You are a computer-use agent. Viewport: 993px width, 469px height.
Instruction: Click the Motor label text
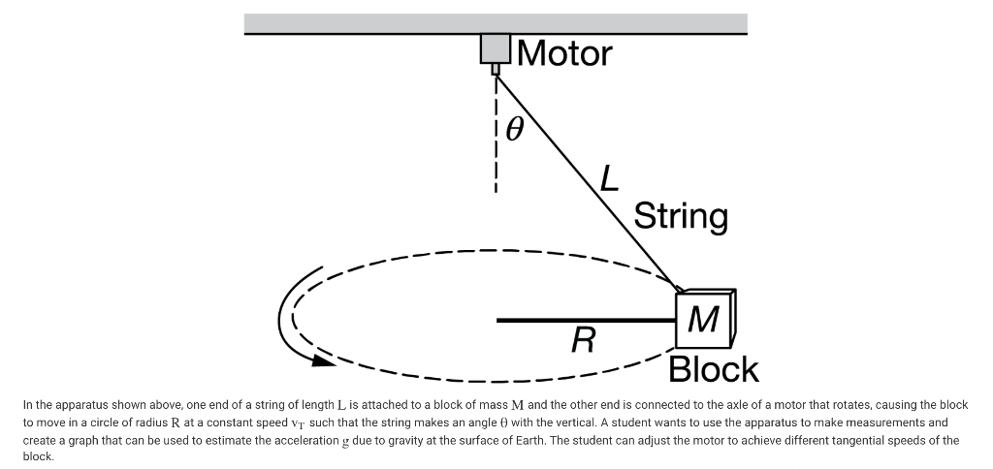(565, 53)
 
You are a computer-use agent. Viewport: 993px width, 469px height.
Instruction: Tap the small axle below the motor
(496, 69)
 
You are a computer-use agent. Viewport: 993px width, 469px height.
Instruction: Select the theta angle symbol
(515, 127)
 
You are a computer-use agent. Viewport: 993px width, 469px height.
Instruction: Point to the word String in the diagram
(681, 215)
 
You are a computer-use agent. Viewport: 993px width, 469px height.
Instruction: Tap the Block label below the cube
(714, 369)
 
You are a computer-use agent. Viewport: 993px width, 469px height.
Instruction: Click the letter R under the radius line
(583, 340)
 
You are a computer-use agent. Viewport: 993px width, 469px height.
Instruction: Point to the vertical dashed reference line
(496, 136)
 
